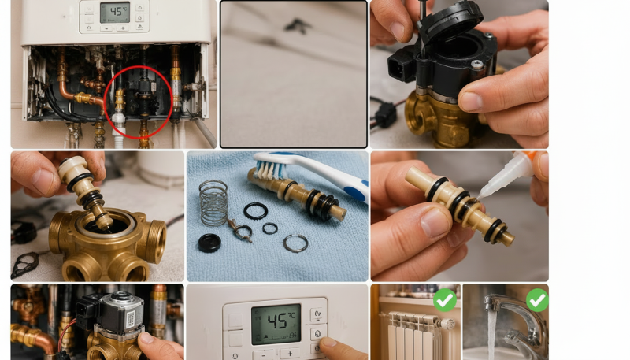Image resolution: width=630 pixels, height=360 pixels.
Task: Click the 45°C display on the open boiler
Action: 115,13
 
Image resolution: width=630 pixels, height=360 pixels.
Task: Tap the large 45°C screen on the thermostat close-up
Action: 276,324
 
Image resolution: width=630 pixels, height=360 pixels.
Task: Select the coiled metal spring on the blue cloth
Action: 213,203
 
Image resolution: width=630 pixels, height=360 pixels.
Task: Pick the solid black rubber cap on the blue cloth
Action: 209,243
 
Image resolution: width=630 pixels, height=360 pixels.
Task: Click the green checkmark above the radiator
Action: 445,299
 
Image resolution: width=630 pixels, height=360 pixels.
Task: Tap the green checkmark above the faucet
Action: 537,299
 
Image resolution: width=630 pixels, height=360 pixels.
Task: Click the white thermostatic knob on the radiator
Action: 447,324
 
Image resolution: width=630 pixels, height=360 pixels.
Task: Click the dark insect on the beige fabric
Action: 297,26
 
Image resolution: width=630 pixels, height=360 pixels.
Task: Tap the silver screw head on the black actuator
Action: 476,64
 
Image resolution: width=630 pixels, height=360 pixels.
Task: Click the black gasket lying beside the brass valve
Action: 25,265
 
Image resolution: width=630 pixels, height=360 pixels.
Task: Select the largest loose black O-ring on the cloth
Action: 255,211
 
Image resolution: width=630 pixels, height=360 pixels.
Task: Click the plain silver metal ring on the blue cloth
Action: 296,243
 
